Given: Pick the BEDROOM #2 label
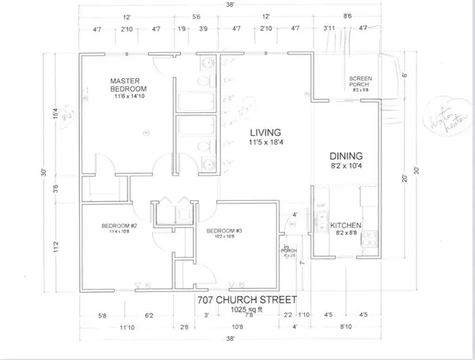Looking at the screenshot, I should click(119, 227).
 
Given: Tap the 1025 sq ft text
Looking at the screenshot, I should click(247, 310).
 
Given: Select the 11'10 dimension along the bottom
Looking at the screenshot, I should click(127, 326).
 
